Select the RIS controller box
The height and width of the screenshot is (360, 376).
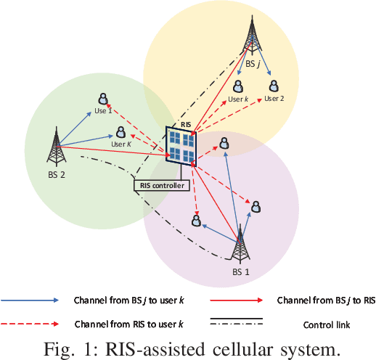(x=161, y=185)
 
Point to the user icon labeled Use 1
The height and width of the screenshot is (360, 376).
(x=103, y=98)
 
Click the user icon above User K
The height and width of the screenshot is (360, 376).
(x=120, y=132)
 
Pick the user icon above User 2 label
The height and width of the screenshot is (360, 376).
(x=273, y=87)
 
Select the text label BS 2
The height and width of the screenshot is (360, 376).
(x=57, y=175)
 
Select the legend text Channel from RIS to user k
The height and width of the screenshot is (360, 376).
(x=128, y=324)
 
